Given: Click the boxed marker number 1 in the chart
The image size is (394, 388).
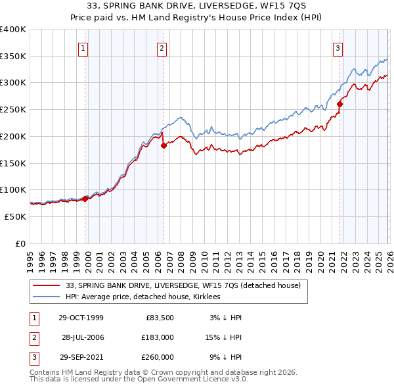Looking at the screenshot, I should point(84,47).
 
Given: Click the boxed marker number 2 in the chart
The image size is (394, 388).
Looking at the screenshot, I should point(162,47).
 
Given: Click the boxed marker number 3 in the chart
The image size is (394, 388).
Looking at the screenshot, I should point(338,47).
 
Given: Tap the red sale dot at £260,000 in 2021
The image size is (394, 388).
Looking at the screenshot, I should point(340,104).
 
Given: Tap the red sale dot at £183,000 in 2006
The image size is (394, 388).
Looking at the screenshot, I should point(164,145).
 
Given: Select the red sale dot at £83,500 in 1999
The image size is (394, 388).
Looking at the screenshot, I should point(85,199).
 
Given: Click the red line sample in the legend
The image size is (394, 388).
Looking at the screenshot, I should point(47,286).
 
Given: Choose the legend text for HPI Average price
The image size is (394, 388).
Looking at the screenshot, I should point(144,297).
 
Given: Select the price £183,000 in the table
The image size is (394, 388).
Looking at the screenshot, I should point(158,337).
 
